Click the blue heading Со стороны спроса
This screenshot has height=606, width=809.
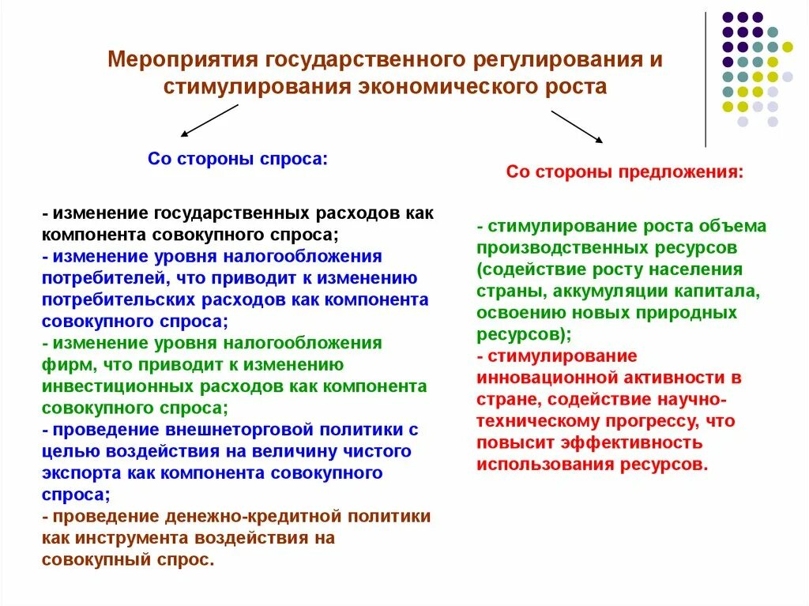(x=237, y=159)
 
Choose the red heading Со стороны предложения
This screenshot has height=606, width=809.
(x=624, y=171)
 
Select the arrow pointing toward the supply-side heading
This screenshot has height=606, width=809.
(x=577, y=126)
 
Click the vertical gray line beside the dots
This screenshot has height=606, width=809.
(x=706, y=79)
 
